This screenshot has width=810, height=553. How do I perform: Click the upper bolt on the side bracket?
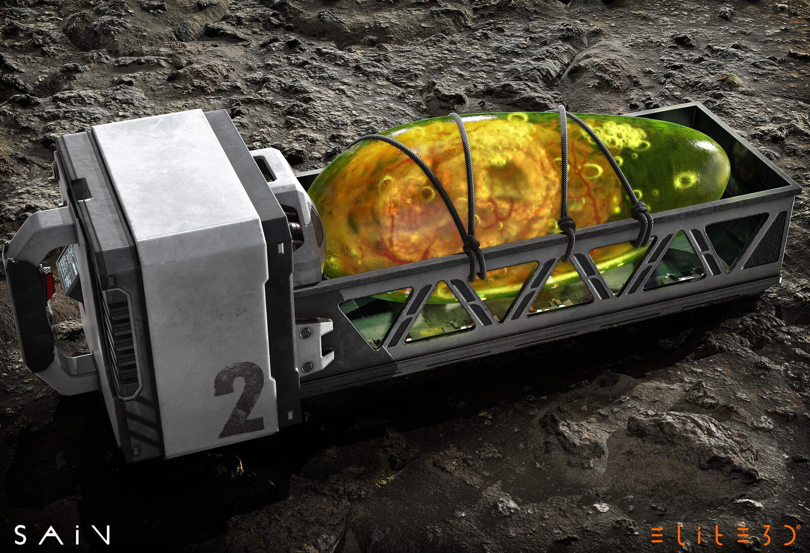[x=306, y=332]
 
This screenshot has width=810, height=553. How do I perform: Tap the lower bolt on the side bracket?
[x=307, y=366]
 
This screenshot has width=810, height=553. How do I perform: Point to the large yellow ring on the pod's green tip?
[x=686, y=180]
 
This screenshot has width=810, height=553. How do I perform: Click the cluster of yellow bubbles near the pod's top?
[x=620, y=134]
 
